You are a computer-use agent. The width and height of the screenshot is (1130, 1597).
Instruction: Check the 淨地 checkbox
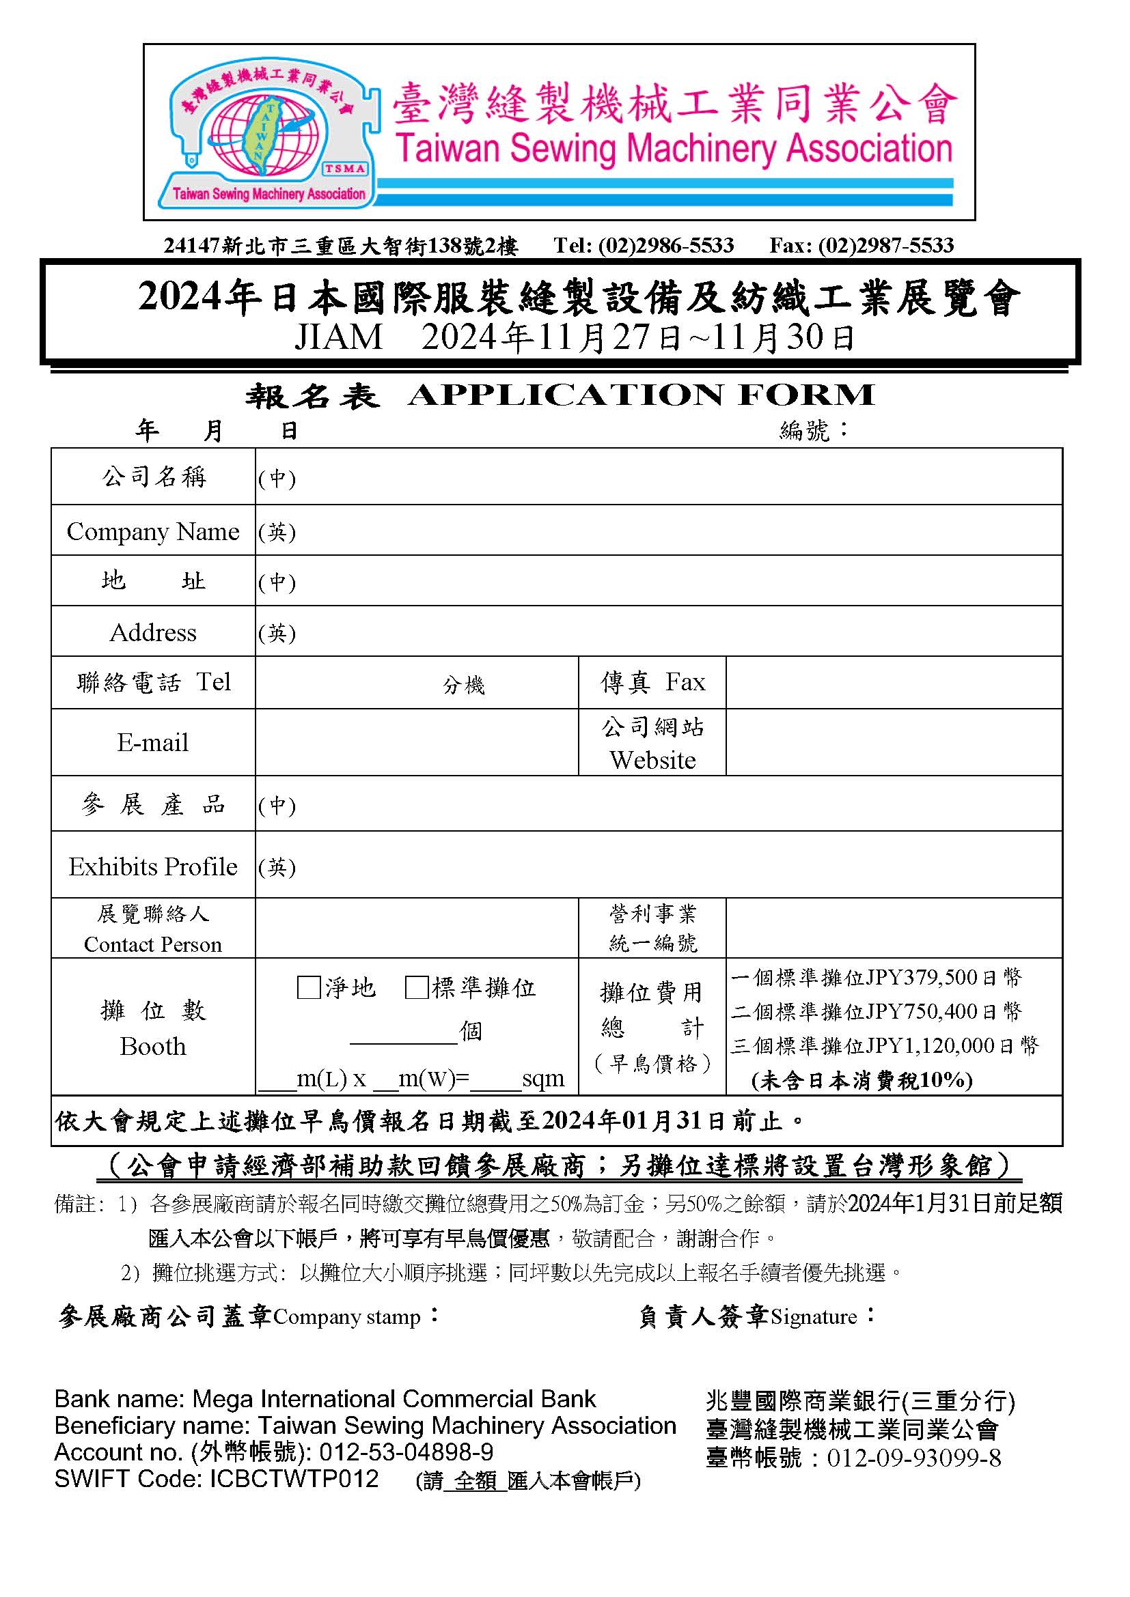coord(307,988)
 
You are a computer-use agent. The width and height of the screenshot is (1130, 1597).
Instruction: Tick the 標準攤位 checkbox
coord(415,988)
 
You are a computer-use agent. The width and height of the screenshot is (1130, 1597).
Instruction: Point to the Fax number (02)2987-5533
coord(885,245)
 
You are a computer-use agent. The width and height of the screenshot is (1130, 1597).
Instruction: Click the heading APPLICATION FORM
coord(641,395)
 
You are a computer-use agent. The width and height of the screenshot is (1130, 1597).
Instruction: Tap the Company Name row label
coord(152,531)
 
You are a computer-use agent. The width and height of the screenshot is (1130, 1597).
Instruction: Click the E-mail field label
coord(152,742)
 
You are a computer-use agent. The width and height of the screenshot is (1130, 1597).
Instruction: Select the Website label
coord(652,759)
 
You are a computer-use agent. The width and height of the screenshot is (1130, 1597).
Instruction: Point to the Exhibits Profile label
coord(152,866)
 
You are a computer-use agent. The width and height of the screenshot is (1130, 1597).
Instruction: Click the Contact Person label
coord(152,944)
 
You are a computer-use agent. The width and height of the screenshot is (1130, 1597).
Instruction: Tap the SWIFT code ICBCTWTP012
coord(294,1478)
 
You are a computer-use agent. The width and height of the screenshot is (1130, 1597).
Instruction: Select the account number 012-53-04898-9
coord(406,1452)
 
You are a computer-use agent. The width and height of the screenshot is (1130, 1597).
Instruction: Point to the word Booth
coord(152,1046)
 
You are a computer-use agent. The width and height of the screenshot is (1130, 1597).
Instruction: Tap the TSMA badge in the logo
coord(345,169)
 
